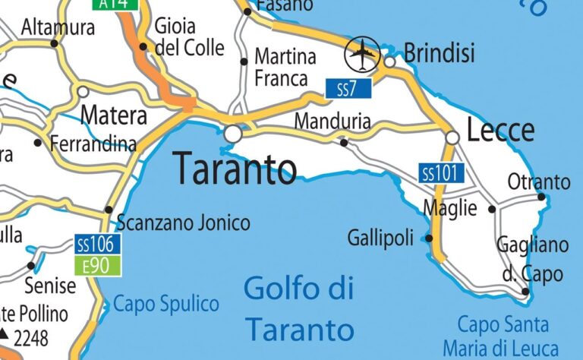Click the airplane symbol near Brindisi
pyautogui.click(x=363, y=53)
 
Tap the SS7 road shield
pyautogui.click(x=348, y=88)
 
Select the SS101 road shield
pyautogui.click(x=441, y=173)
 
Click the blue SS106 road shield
pyautogui.click(x=97, y=245)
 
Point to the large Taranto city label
pyautogui.click(x=235, y=168)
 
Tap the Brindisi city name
pyautogui.click(x=440, y=52)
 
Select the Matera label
pyautogui.click(x=113, y=116)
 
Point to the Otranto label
pyautogui.click(x=539, y=182)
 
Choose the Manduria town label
pyautogui.click(x=332, y=121)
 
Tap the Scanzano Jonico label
pyautogui.click(x=183, y=223)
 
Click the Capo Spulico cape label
pyautogui.click(x=166, y=305)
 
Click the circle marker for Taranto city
pyautogui.click(x=232, y=134)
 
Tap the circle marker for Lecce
pyautogui.click(x=452, y=137)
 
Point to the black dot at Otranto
pyautogui.click(x=541, y=197)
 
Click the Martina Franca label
pyautogui.click(x=285, y=67)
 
